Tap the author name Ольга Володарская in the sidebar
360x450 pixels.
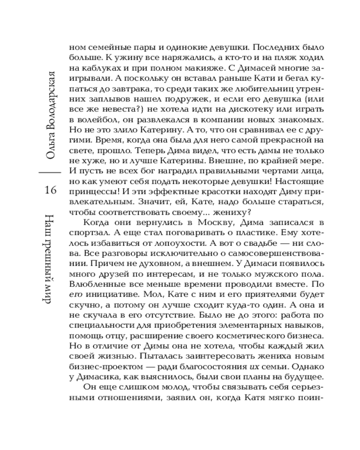click(50, 113)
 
